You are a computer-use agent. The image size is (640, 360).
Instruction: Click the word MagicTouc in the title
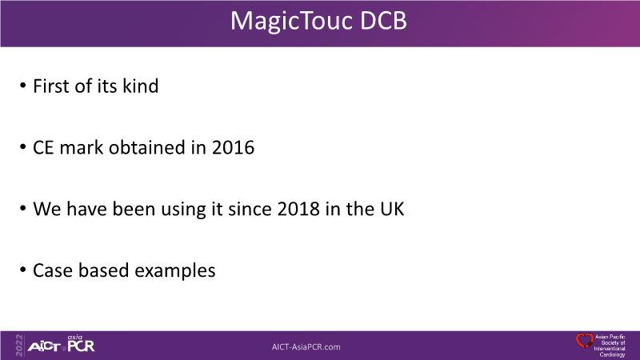tap(291, 22)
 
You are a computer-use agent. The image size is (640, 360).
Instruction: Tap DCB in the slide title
tap(383, 21)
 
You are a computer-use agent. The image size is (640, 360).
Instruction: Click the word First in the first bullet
tap(51, 86)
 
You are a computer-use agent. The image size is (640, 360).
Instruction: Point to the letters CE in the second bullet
tap(43, 148)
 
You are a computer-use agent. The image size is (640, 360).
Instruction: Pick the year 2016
tap(233, 148)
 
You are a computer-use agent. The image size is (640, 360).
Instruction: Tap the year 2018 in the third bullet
tap(298, 209)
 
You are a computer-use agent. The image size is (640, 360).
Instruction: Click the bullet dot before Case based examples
tap(23, 270)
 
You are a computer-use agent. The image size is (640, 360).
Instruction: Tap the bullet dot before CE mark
tap(23, 147)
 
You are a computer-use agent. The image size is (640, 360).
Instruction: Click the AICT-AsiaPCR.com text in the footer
tap(306, 347)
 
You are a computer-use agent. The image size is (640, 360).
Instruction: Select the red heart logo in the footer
tap(585, 341)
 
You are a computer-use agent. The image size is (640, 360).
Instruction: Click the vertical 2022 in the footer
tap(19, 346)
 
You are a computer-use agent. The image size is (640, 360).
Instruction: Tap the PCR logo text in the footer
tap(81, 346)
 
